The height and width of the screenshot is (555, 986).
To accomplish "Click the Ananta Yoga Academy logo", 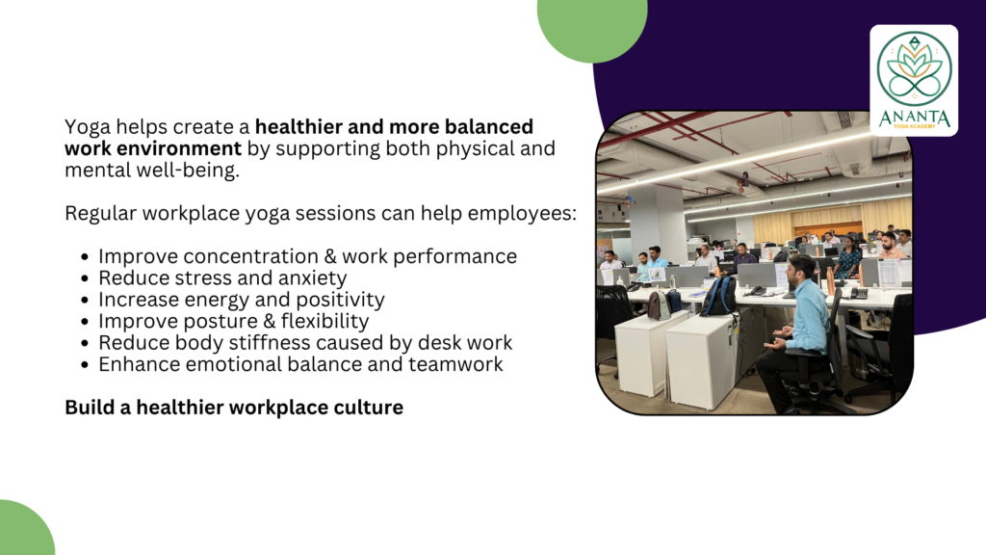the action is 914,81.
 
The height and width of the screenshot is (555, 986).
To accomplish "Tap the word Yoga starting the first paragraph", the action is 87,128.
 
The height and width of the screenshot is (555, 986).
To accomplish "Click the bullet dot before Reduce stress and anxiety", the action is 85,278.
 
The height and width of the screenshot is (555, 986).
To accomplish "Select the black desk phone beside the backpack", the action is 757,291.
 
